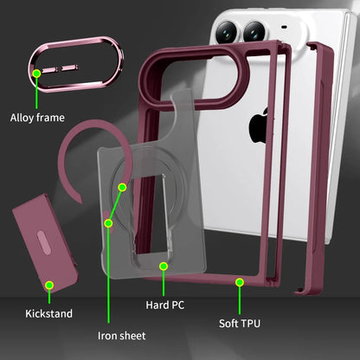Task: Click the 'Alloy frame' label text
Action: click(37, 118)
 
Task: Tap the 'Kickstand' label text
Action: click(48, 313)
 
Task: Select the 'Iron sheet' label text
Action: click(121, 336)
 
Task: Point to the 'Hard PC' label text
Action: click(164, 305)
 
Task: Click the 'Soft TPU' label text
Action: click(240, 324)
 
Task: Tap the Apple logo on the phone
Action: click(259, 125)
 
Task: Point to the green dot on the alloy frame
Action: click(36, 74)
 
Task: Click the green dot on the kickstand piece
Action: click(49, 286)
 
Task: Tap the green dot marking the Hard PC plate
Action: click(164, 266)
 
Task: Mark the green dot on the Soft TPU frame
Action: click(240, 282)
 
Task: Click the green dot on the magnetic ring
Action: click(122, 188)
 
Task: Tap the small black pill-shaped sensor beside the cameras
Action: click(284, 27)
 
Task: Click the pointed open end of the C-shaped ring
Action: click(80, 202)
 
